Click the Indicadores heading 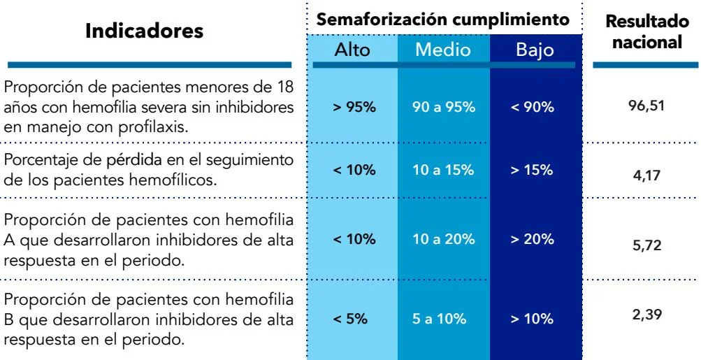point(144,31)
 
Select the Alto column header point(353,50)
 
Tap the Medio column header point(443,50)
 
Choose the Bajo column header point(535,50)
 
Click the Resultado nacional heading point(646,32)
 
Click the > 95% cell point(354,108)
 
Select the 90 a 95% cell point(444,108)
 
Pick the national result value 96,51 point(646,106)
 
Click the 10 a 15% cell point(444,170)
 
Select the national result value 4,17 point(646,175)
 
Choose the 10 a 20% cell point(444,239)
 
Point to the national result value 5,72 point(646,246)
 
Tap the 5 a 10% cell point(440,319)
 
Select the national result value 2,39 point(646,315)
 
